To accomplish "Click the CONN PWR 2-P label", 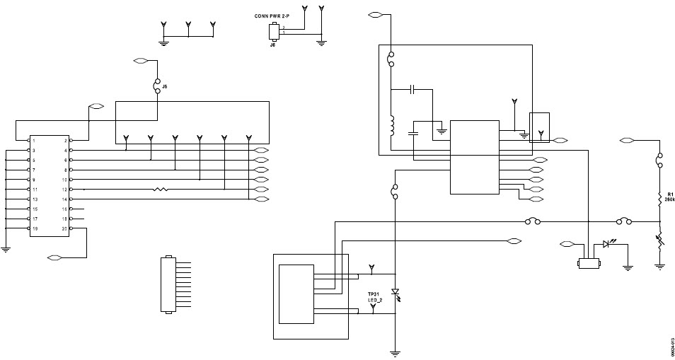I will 275,15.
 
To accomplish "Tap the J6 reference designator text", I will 272,44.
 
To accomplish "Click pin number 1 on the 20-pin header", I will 33,141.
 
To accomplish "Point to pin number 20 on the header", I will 64,229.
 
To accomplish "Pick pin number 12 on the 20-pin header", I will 64,190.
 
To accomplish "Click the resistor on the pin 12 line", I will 160,190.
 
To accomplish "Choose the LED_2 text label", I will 374,301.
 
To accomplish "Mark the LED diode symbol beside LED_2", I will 396,293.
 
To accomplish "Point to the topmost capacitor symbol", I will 414,90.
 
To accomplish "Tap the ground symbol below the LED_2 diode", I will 396,352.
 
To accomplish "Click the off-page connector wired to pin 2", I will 96,107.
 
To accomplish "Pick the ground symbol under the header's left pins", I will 6,248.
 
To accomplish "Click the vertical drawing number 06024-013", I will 670,347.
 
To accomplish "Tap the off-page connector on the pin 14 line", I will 260,199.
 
